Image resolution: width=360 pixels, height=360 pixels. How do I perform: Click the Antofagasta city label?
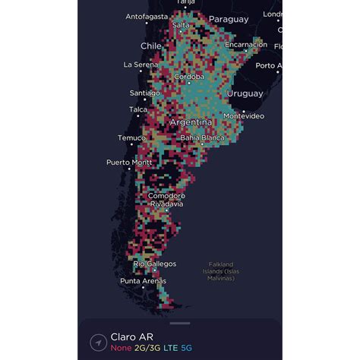pos(146,16)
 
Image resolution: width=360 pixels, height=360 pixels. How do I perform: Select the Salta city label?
pos(181,25)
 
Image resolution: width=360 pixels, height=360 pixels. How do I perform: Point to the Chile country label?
pos(151,46)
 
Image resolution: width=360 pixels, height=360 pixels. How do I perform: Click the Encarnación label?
pos(245,45)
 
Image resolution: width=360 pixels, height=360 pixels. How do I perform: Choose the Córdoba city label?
pos(188,77)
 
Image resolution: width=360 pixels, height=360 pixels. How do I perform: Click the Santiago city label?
pos(144,93)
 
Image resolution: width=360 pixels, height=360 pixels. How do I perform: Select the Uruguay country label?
pos(245,93)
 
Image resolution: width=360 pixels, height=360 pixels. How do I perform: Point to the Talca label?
pos(137,109)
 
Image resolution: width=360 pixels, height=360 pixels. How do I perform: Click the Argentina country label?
pos(191,122)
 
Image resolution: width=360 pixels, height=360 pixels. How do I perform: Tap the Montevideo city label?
pos(243,115)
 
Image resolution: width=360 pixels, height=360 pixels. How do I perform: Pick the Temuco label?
pos(131,137)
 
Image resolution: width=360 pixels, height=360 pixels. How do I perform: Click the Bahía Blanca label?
pos(201,137)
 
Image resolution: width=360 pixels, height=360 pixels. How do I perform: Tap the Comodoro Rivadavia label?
pos(166,200)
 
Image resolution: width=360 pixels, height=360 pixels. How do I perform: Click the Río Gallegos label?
pos(155,264)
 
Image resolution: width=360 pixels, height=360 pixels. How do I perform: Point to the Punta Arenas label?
pos(142,281)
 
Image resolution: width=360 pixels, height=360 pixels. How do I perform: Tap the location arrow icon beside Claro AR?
pos(97,343)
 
